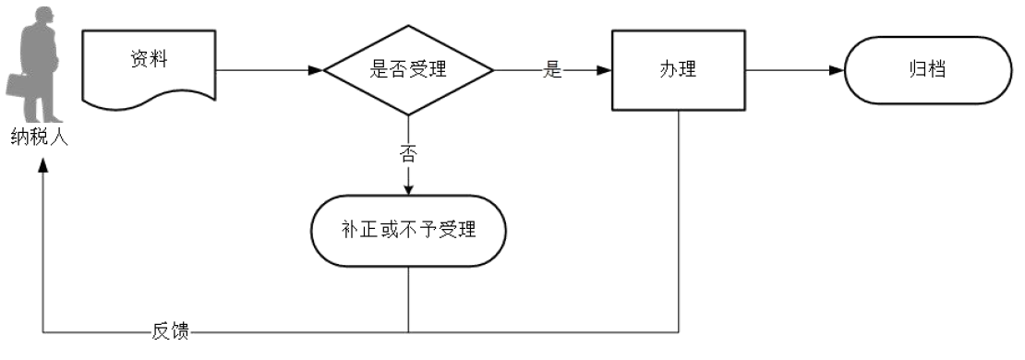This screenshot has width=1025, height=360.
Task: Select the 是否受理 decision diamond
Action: click(x=407, y=70)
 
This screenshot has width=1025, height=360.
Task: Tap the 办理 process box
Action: click(x=678, y=70)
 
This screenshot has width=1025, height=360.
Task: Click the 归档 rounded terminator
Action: click(x=926, y=70)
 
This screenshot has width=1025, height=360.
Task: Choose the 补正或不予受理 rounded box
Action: click(x=407, y=230)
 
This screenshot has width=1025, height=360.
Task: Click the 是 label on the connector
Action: click(x=552, y=71)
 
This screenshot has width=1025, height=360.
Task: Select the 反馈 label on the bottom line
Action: click(x=170, y=331)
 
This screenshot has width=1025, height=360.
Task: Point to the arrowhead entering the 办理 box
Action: click(x=603, y=70)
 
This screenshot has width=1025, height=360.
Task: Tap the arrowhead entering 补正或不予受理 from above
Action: click(x=407, y=189)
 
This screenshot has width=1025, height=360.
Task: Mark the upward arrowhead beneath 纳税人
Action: click(x=42, y=163)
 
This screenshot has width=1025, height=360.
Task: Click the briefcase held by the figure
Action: click(x=19, y=84)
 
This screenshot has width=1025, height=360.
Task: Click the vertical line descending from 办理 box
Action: click(x=680, y=222)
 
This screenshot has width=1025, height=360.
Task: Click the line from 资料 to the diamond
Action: click(x=268, y=70)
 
